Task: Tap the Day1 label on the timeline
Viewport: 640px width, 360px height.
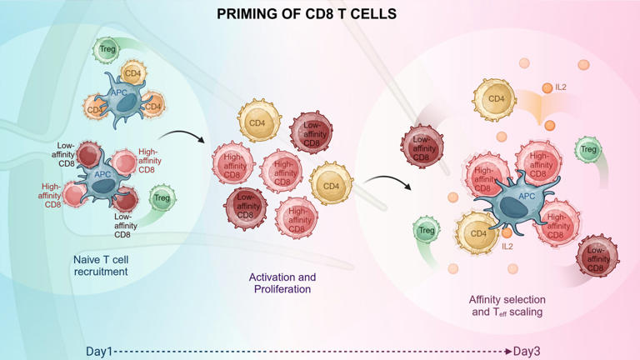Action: coord(99,351)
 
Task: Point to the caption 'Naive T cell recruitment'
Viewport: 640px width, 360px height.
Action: coord(100,265)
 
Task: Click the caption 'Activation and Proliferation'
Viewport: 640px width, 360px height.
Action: coord(282,282)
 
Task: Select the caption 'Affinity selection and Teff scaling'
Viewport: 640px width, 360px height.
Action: coord(506,305)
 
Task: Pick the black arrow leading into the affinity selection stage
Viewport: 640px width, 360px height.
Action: coord(388,180)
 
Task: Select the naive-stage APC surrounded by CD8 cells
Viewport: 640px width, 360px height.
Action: coord(102,178)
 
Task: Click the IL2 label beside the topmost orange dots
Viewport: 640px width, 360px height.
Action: coord(561,87)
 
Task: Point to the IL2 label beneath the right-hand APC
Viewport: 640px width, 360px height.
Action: coord(508,247)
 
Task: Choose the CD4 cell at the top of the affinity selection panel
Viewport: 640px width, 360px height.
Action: coord(496,100)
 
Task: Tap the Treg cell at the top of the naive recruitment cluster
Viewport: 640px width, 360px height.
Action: coord(107,50)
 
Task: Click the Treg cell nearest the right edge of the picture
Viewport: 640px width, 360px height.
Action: coord(588,150)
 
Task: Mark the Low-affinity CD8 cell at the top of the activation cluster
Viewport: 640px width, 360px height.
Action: coord(311,132)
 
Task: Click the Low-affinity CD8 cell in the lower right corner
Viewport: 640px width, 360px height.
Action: coord(597,258)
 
